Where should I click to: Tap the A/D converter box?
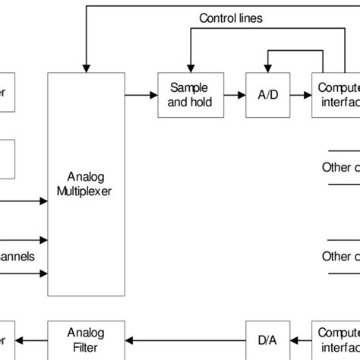pyautogui.click(x=263, y=95)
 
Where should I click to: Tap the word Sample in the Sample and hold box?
pyautogui.click(x=186, y=88)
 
